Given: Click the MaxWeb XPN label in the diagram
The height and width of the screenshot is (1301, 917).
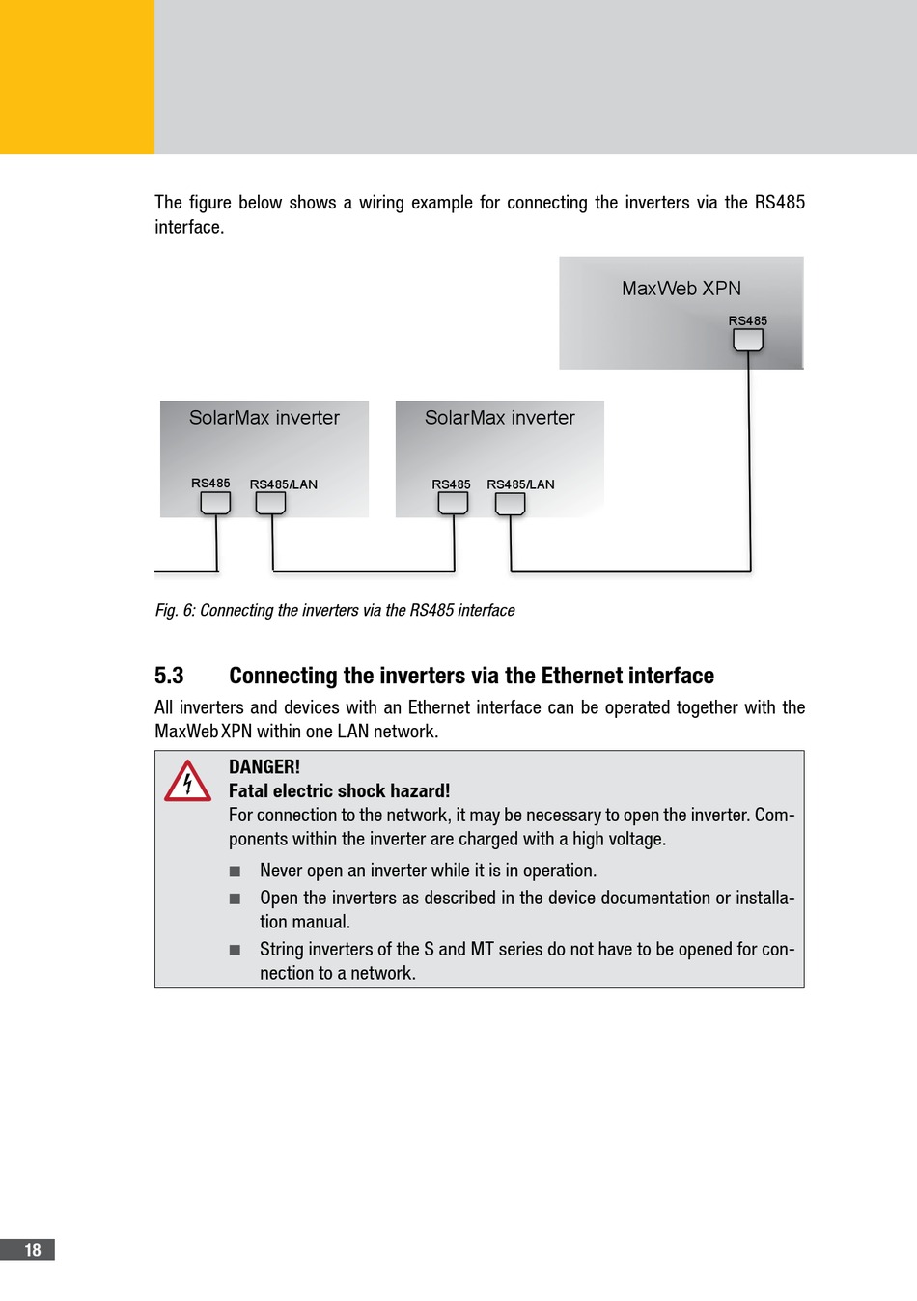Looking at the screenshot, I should (681, 289).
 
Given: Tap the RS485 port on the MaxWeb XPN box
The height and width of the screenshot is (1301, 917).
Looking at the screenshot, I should (748, 340).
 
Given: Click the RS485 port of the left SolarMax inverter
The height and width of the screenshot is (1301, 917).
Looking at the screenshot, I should (215, 503).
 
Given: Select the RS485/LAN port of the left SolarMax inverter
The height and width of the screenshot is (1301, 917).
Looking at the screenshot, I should (270, 503).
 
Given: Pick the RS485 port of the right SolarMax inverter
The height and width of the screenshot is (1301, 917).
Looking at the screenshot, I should (453, 503).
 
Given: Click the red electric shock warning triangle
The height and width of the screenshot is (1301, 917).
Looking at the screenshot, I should (187, 782).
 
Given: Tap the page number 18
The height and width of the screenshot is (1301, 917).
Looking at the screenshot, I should (32, 1250).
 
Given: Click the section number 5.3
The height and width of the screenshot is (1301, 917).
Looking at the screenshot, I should (169, 676).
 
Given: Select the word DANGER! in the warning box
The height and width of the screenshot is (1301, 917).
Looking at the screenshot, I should (264, 767).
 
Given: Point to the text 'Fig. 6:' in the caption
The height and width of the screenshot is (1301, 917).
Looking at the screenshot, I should (175, 610).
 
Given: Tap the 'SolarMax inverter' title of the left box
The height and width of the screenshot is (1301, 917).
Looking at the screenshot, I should (264, 418).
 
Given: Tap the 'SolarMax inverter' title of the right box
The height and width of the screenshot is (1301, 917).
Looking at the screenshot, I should (500, 418).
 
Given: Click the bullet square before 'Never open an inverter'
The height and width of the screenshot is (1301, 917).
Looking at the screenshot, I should (235, 872).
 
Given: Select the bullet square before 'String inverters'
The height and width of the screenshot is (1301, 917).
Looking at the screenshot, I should (235, 950).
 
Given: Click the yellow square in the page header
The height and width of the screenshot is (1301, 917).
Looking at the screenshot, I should (77, 77).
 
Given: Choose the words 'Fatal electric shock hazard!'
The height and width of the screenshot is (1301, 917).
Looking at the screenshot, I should (339, 791).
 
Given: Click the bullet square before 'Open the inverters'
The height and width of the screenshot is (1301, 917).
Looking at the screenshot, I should (235, 899).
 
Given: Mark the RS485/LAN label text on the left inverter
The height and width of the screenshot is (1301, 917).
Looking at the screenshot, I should (284, 484).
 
